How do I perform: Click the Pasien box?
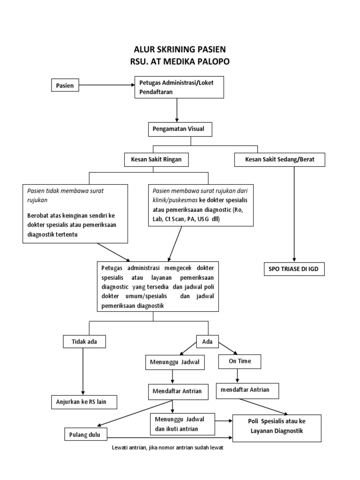65,85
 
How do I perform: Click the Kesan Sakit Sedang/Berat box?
279,160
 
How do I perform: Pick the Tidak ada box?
84,342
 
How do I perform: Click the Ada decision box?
207,342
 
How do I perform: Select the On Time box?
240,361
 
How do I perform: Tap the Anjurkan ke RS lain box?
84,402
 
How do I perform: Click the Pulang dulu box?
86,434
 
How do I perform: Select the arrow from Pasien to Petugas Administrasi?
107,85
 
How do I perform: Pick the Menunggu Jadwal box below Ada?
174,362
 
